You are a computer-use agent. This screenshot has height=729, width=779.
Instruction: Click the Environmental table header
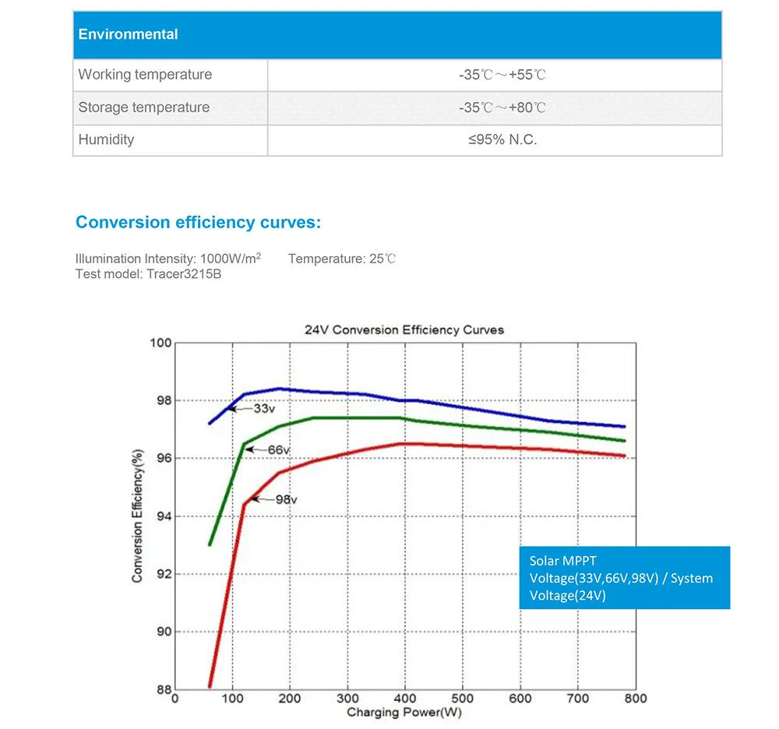tap(129, 34)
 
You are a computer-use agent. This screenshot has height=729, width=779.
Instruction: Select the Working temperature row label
tap(145, 75)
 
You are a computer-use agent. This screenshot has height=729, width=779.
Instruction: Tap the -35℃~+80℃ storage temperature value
tap(502, 107)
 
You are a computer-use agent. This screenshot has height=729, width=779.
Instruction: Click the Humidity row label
tap(106, 140)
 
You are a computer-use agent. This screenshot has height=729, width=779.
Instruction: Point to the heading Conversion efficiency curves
tap(198, 223)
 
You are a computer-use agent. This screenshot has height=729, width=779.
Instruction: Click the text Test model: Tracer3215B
tap(148, 274)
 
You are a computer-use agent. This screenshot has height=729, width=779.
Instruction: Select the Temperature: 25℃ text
tap(342, 259)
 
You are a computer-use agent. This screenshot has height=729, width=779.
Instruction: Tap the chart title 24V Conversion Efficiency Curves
tap(404, 330)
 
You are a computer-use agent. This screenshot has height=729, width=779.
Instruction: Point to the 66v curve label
tap(279, 450)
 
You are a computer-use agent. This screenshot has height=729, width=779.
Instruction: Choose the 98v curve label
tap(287, 499)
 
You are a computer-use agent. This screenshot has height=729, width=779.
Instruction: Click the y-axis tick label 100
tap(160, 343)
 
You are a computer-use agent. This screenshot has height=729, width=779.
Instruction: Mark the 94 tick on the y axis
tap(163, 516)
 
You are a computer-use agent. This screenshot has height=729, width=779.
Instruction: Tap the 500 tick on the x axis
tap(463, 699)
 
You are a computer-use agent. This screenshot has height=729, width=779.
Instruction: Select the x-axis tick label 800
tap(636, 699)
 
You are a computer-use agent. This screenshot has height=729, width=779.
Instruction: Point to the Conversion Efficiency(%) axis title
tap(138, 516)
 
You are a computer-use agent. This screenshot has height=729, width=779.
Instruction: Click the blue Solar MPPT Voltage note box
tap(625, 578)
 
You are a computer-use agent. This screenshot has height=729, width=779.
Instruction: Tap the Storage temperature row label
tap(144, 107)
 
